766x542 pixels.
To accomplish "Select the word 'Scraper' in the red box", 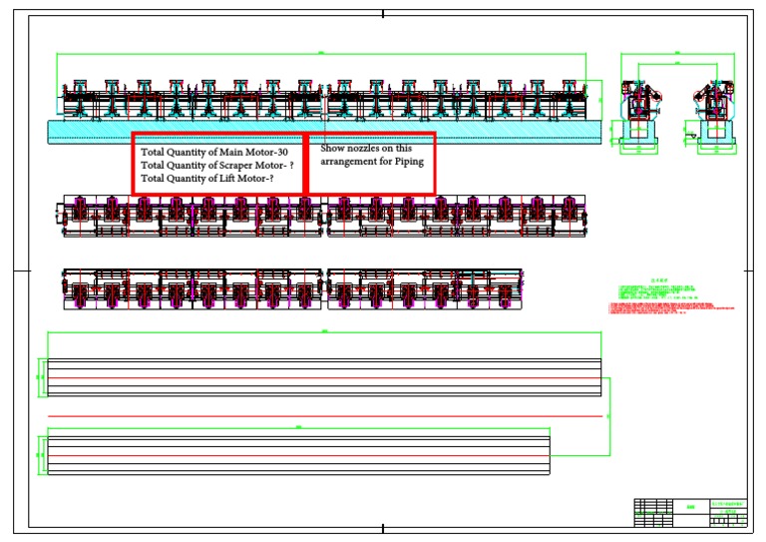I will point(236,165).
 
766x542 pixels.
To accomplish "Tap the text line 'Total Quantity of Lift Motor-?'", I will point(207,178).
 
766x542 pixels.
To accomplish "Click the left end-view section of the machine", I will point(638,110).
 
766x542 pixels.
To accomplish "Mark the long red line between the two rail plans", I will point(325,415).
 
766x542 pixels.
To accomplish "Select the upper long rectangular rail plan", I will point(325,376).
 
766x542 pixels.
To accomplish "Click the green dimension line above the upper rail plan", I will point(325,332).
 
